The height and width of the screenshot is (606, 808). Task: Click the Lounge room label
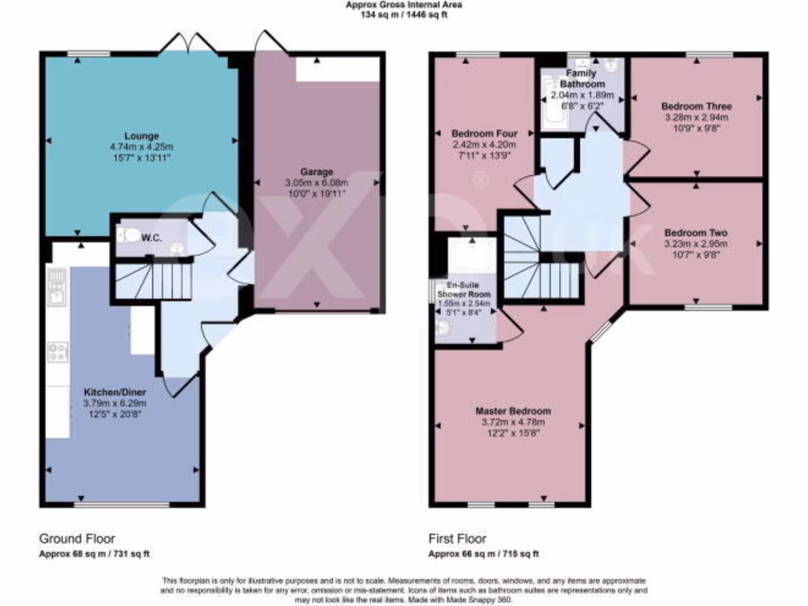pos(141,136)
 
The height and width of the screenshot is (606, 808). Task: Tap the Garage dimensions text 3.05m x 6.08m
pos(316,183)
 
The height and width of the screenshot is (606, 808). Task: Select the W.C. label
pos(151,239)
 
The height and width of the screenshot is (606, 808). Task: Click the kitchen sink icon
pos(57,288)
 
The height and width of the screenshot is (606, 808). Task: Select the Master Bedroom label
pos(513,411)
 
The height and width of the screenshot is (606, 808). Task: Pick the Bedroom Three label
pos(696,107)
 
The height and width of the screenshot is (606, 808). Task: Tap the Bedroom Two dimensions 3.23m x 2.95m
pos(696,244)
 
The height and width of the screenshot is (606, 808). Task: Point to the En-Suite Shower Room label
pos(464,289)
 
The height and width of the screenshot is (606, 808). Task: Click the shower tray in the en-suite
pos(471,256)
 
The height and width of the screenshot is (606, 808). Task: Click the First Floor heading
pos(458,539)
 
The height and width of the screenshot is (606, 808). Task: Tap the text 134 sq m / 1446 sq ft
pos(403,14)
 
